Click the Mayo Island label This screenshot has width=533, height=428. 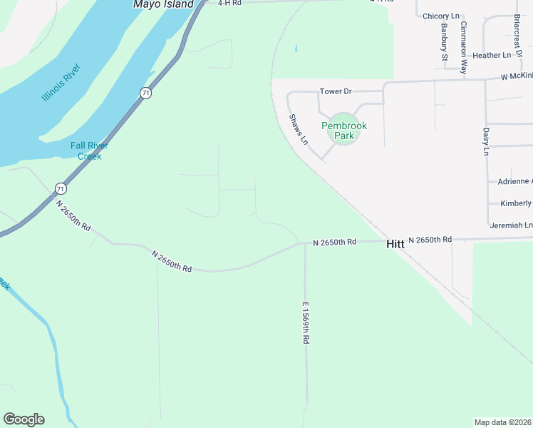coord(163,4)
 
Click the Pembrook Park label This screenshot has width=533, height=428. coord(344,130)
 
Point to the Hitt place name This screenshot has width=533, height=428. coord(395,244)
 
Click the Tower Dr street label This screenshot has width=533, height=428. coord(336,91)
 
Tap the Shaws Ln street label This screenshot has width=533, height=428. coord(298,129)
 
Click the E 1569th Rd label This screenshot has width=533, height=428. coord(305,323)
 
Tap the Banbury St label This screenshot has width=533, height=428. coord(444,42)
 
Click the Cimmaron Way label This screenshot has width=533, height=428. coord(463,47)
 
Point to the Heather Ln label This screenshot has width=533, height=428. coord(492,55)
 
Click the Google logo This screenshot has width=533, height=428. coord(24,419)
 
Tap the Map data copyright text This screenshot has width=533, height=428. coord(503,422)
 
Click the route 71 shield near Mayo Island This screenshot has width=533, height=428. coord(145,93)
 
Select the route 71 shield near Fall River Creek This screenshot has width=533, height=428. coord(61,188)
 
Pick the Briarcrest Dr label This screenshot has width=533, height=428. coord(518,29)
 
